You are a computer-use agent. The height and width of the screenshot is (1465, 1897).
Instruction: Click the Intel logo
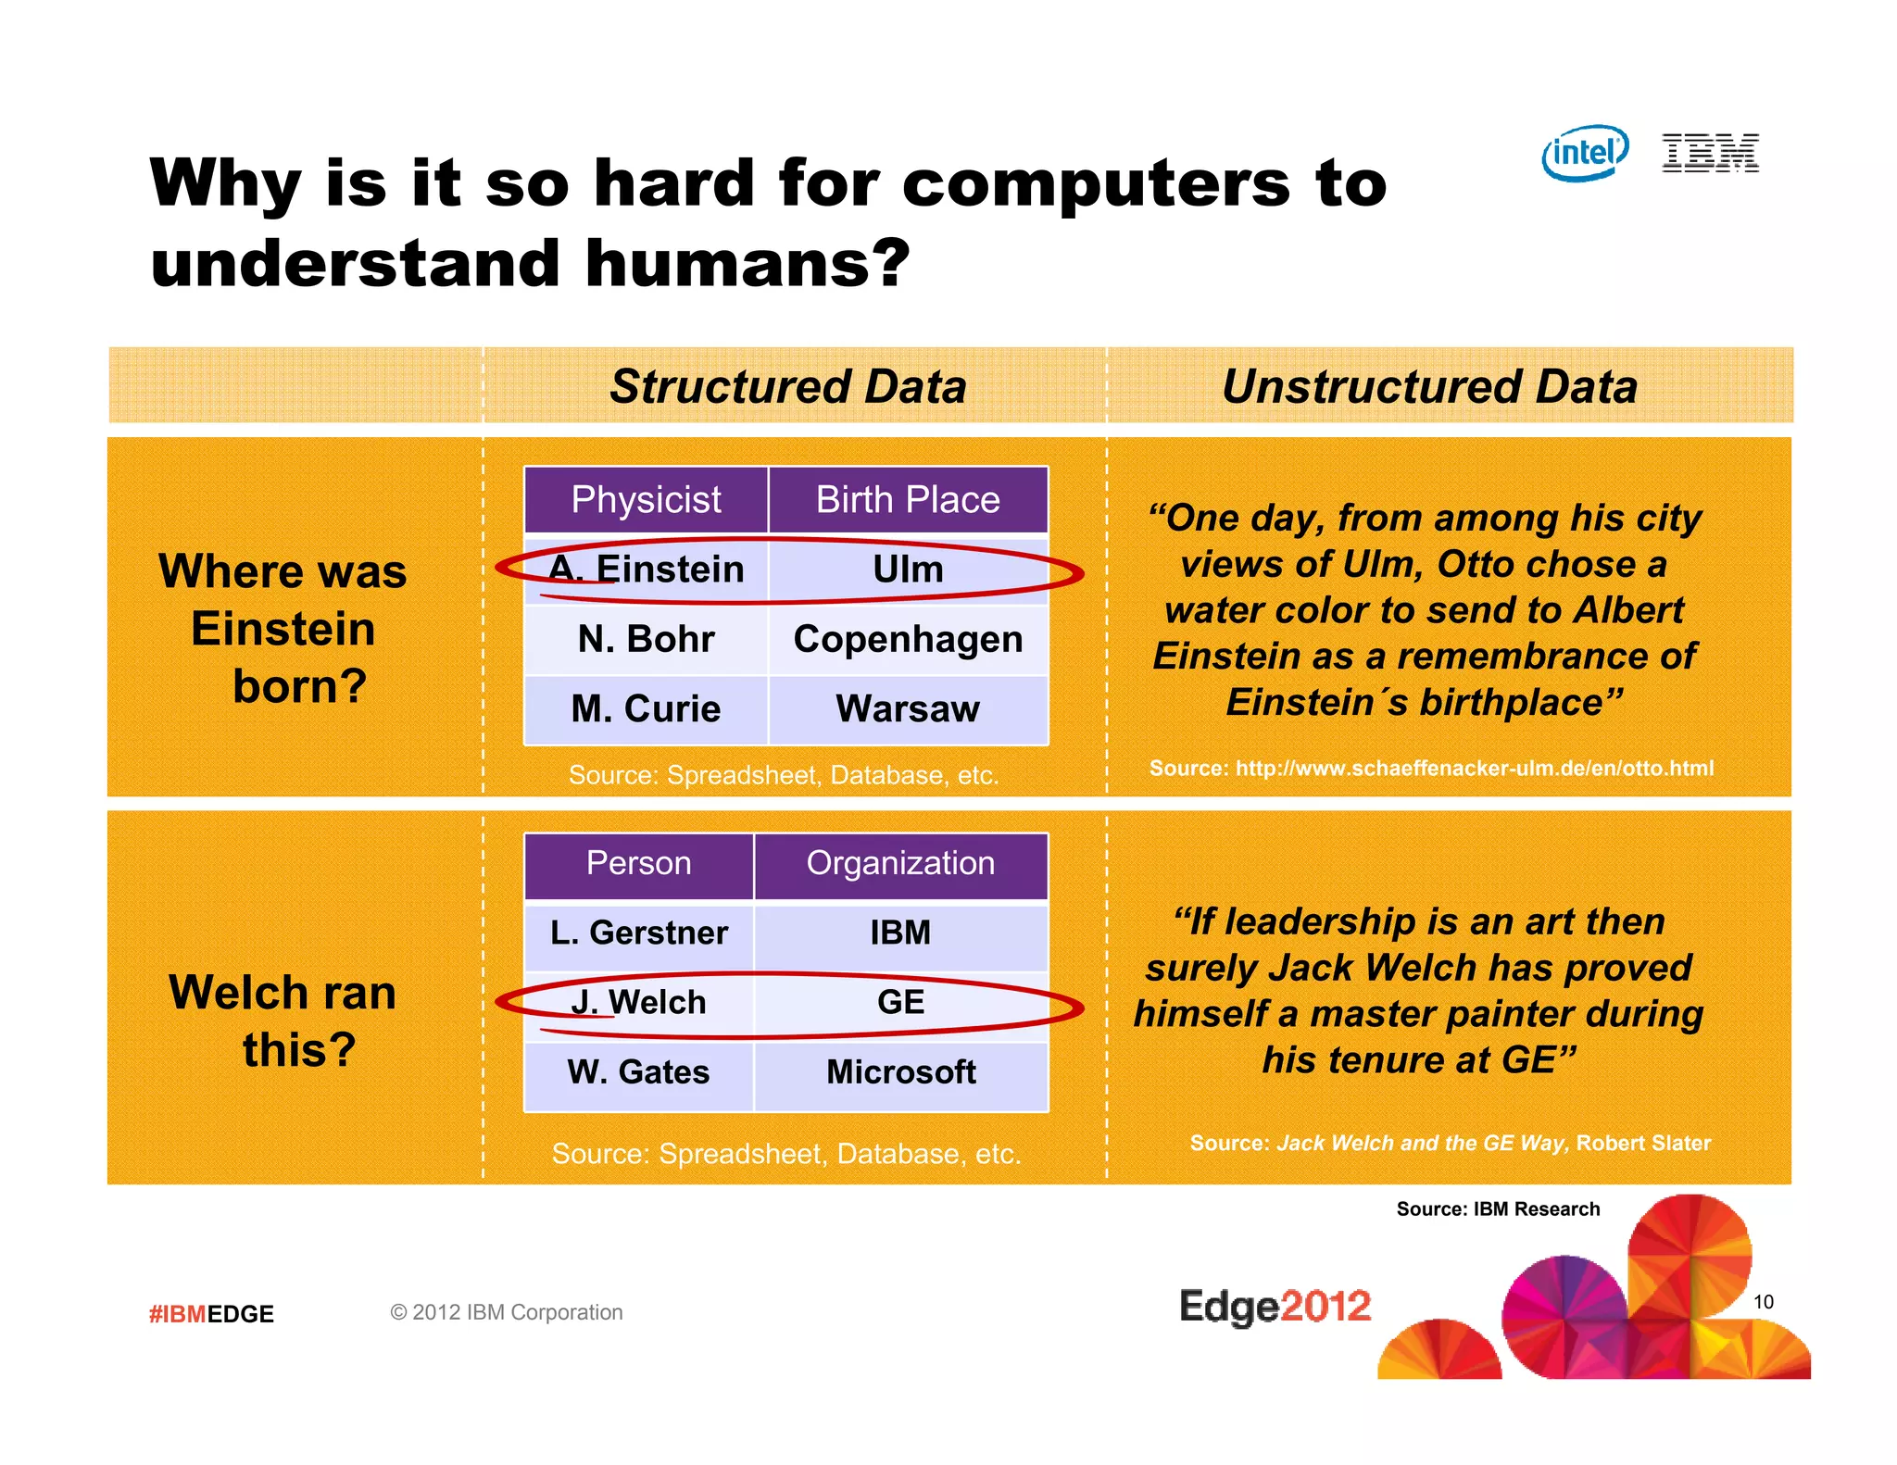click(1584, 153)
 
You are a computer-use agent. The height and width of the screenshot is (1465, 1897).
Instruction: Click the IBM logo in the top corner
click(1710, 153)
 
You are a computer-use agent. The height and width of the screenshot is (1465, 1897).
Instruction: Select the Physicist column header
click(646, 500)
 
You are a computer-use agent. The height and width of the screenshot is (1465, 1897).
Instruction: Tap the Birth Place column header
click(908, 500)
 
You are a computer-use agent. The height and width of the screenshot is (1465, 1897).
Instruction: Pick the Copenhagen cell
click(908, 639)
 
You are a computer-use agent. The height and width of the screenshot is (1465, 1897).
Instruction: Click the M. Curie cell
click(646, 708)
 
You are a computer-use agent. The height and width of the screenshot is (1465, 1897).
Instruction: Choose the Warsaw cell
click(908, 708)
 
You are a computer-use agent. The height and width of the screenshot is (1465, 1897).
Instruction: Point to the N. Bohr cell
click(646, 639)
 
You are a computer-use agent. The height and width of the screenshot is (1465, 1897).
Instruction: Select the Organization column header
click(900, 863)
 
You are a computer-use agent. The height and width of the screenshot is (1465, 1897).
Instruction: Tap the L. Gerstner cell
click(638, 933)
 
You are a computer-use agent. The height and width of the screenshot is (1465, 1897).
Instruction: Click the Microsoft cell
click(900, 1072)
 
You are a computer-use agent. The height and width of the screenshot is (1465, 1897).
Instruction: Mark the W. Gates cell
click(638, 1072)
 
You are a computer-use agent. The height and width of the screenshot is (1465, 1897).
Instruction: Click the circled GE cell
click(900, 1002)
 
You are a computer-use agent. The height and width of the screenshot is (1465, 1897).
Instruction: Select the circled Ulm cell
click(908, 570)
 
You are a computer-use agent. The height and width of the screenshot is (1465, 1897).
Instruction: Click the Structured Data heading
click(787, 386)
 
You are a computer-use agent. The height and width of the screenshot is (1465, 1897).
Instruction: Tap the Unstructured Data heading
click(1429, 386)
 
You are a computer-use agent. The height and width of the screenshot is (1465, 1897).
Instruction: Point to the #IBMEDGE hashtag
click(211, 1313)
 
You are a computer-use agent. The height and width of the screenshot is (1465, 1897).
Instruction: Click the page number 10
click(1763, 1302)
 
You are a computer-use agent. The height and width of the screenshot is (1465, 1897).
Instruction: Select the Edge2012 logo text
click(1275, 1307)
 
